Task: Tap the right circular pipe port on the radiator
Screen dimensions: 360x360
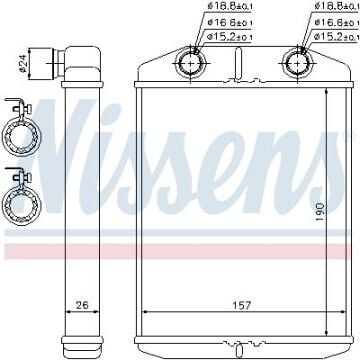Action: click(x=297, y=63)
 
